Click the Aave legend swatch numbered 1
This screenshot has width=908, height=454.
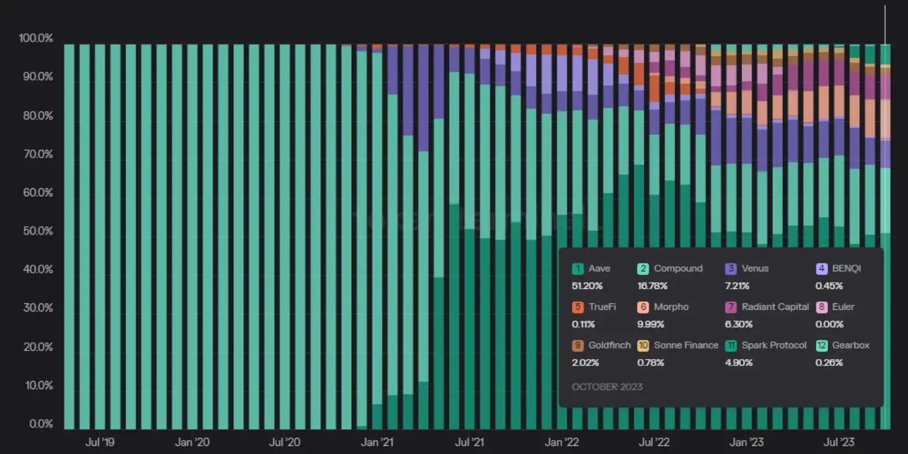click(x=578, y=269)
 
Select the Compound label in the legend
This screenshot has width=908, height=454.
click(x=678, y=269)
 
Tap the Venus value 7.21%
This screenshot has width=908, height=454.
click(x=737, y=286)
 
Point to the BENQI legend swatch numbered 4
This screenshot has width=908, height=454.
click(x=821, y=269)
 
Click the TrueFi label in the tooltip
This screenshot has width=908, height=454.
click(x=601, y=307)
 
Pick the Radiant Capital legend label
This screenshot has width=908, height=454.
click(x=775, y=307)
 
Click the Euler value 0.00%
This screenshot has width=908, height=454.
click(x=829, y=324)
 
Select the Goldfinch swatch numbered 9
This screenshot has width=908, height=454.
click(x=578, y=346)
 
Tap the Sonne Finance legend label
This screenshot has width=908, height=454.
click(x=686, y=346)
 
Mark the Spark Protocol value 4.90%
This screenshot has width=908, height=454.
click(x=738, y=363)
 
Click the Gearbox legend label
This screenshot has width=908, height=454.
click(x=851, y=346)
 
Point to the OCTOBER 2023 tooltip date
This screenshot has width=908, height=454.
click(x=607, y=387)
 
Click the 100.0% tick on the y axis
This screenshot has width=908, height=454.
click(x=36, y=39)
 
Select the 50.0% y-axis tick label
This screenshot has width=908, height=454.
click(x=37, y=232)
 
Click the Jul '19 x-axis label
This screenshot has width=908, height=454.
click(x=100, y=443)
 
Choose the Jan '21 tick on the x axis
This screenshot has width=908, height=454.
click(x=377, y=443)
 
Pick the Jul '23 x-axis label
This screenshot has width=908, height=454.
click(x=839, y=443)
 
